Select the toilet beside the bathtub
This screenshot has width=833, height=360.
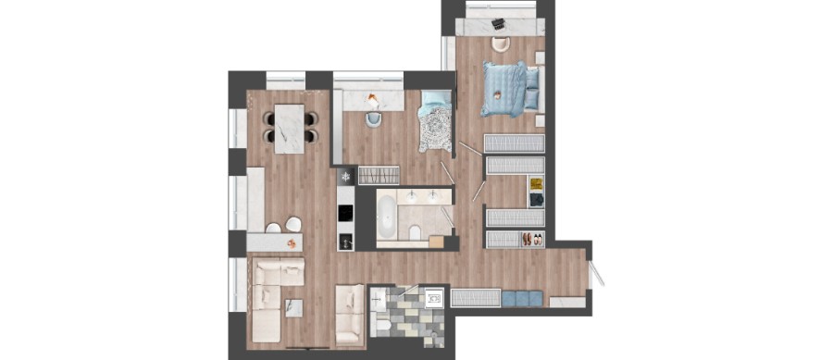pos(416,231)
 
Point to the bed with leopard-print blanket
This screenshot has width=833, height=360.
pos(433,125)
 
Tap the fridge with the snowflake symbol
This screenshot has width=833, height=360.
pos(346,175)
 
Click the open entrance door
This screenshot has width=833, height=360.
pos(597,270)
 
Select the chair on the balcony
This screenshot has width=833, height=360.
pos(500,43)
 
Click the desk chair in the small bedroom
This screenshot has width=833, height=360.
pos(373,118)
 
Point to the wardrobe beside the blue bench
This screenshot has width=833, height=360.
pos(475,297)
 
